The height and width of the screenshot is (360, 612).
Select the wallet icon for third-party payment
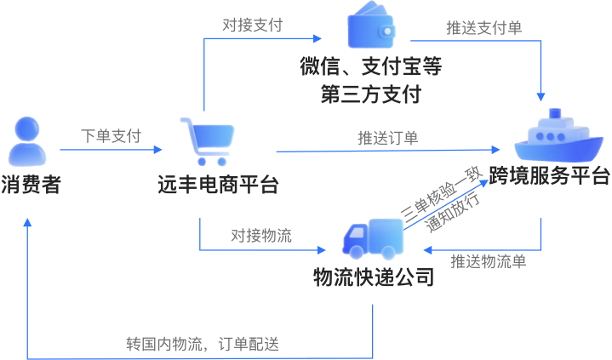click(x=371, y=29)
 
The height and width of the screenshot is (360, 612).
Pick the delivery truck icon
click(x=372, y=238)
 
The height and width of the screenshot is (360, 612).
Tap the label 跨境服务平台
click(x=554, y=176)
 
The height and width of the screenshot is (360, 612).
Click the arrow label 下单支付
click(x=111, y=135)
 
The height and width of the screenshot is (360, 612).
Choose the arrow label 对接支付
click(x=253, y=24)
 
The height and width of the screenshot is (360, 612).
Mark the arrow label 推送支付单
click(x=484, y=27)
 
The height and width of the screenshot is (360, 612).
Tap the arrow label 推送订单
click(x=387, y=137)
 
